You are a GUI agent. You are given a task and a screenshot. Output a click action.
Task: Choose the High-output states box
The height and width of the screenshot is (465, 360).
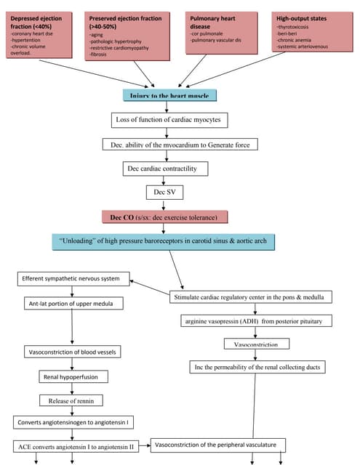click(308, 33)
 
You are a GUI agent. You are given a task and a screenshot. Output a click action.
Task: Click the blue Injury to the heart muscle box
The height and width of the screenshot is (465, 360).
click(169, 95)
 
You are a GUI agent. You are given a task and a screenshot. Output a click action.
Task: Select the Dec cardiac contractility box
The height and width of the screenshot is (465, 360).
click(165, 169)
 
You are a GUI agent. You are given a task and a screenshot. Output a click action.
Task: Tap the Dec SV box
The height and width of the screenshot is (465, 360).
click(165, 193)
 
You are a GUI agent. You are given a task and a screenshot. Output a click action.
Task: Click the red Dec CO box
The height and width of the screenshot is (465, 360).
click(165, 217)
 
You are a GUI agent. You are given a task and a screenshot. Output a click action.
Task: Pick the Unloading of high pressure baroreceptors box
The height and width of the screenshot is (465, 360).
click(172, 241)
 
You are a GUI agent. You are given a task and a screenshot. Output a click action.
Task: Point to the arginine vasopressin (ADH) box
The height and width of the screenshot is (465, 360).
click(252, 320)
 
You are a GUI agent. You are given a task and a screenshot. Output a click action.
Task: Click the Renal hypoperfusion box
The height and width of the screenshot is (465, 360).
click(73, 377)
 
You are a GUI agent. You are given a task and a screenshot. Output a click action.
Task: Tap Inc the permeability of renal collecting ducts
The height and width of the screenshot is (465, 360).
click(257, 367)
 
